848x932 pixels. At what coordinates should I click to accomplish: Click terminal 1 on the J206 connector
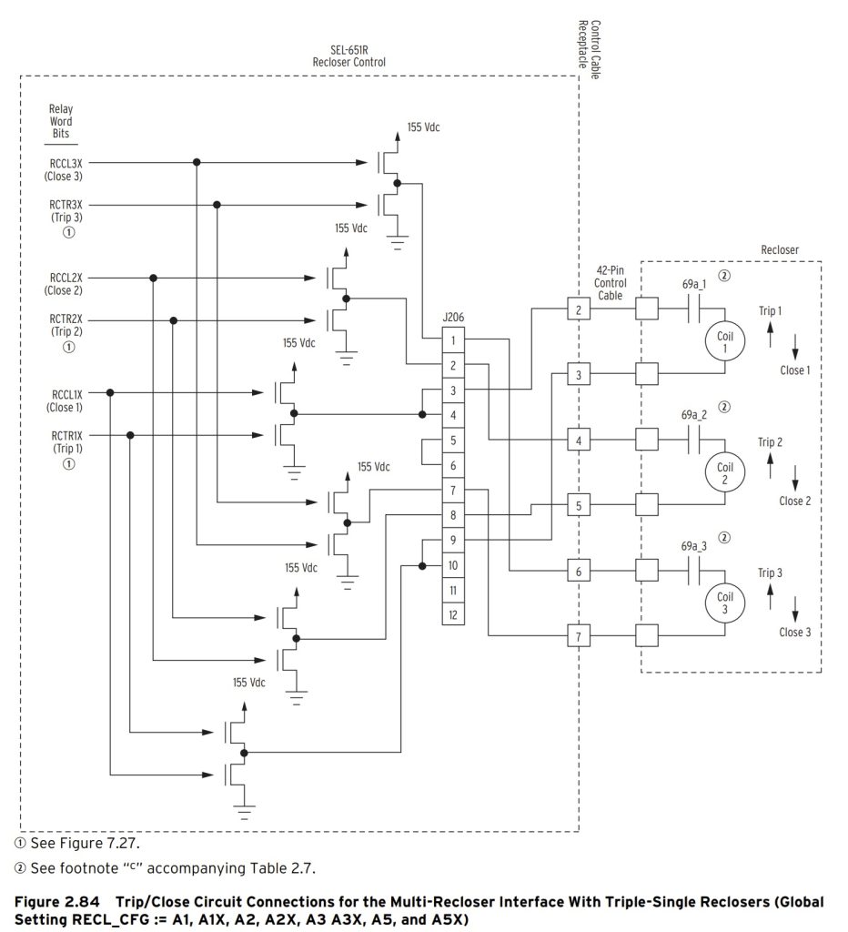(452, 340)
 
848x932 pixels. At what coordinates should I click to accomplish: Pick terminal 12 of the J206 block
(452, 615)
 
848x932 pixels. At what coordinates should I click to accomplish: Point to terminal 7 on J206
(452, 491)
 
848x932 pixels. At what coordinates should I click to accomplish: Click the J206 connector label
(452, 319)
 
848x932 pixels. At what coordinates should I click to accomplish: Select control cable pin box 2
(578, 310)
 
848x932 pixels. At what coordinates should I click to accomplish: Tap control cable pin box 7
(578, 635)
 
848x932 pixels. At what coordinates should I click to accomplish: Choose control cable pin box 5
(578, 505)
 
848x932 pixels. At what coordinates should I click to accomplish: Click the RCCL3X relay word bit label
(66, 162)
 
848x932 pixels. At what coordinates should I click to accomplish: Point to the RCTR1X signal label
(66, 435)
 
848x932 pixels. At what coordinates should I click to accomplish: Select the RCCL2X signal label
(66, 276)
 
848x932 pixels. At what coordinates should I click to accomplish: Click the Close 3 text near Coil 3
(794, 632)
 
